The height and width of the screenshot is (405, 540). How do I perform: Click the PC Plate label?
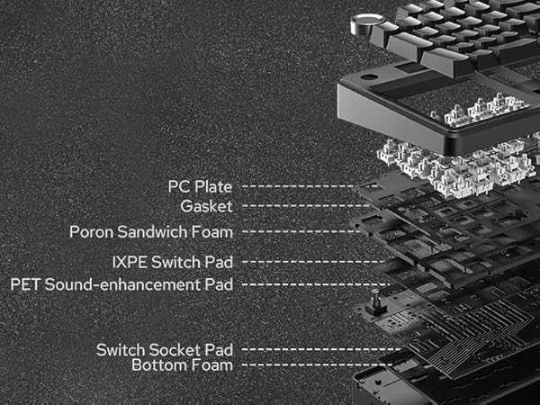coord(200,187)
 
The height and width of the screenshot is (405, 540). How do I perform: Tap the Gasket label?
coord(206,206)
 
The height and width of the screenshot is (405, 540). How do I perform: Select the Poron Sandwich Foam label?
coord(151,232)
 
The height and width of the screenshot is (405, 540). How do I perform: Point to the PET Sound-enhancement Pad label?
coord(121,284)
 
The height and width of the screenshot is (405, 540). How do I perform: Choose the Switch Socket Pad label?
coord(165,349)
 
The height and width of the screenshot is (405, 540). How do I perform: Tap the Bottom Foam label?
coord(182,365)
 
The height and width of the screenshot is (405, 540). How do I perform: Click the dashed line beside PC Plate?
coord(297,187)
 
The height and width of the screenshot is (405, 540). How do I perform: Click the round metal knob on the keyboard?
coord(368,19)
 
